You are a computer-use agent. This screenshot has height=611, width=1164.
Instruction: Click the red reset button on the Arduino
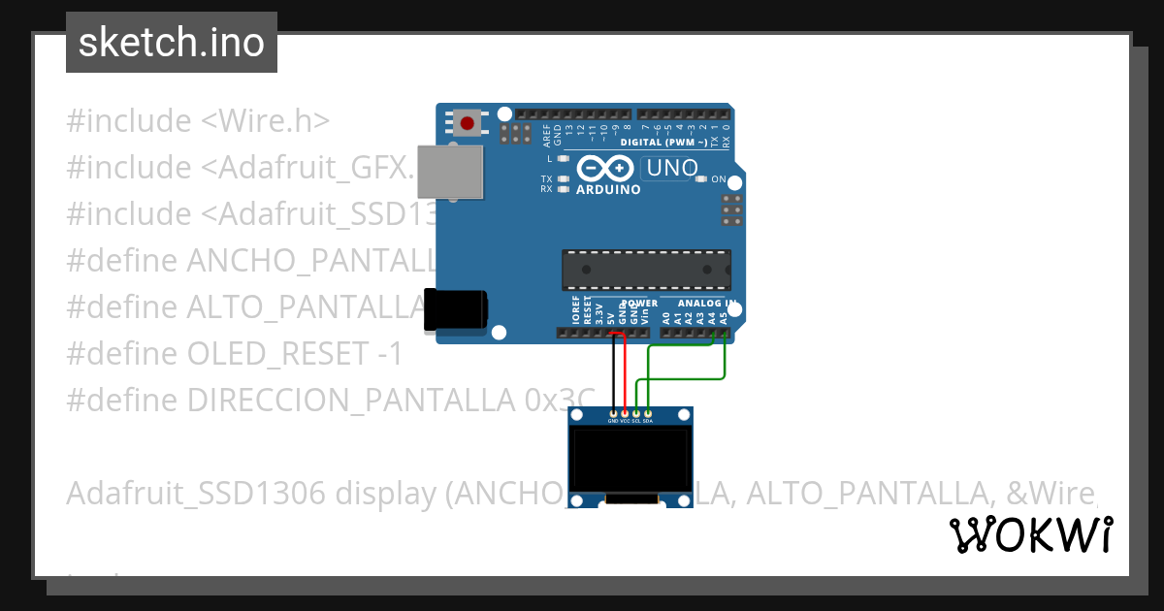(x=469, y=123)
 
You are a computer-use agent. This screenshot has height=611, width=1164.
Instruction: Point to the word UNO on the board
(x=672, y=168)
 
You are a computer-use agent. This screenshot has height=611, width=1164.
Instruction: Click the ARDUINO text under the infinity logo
(x=608, y=190)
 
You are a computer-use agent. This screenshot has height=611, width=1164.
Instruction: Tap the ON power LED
(x=704, y=179)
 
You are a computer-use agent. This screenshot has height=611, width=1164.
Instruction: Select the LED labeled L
(x=563, y=158)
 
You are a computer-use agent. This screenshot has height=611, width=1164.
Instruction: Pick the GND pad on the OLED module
(x=613, y=414)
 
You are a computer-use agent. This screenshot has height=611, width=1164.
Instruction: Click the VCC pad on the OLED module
(x=625, y=414)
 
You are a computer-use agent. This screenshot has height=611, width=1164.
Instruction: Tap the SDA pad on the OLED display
(x=647, y=414)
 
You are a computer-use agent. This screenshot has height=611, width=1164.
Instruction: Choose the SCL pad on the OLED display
(x=636, y=414)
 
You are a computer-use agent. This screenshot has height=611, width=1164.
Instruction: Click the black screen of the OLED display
(x=630, y=461)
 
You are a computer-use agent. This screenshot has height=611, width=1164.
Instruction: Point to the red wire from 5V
(x=625, y=373)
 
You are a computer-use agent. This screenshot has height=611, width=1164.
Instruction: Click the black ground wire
(x=613, y=373)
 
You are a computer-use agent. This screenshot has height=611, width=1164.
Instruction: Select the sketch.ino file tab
(x=172, y=43)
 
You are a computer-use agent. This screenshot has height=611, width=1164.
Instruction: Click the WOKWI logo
(x=1031, y=534)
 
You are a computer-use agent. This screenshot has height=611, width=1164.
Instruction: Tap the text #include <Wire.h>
(x=198, y=121)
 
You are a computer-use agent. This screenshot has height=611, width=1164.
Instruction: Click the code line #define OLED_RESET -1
(x=234, y=354)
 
